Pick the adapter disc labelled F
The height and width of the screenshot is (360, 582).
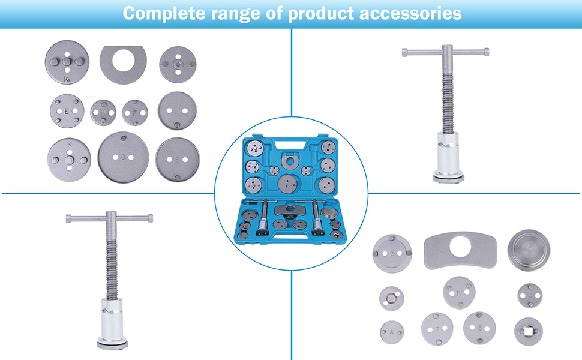[134, 112]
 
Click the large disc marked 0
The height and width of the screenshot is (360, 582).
[123, 158]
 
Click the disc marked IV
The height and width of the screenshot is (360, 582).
[459, 292]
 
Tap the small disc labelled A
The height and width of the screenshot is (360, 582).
[392, 331]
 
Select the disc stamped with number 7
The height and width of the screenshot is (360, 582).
[437, 328]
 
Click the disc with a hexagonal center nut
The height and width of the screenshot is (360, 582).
[391, 298]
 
